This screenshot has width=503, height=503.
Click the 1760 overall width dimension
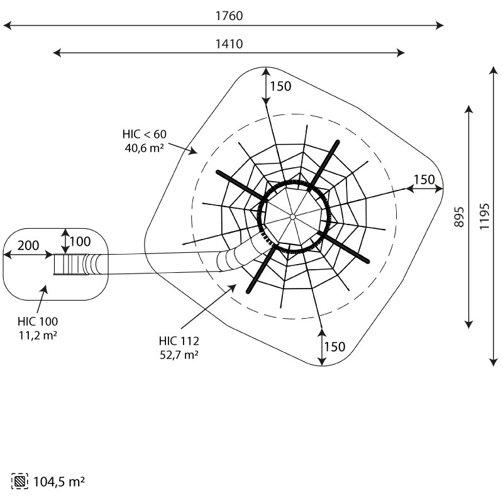229,16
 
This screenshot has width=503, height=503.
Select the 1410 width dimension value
229,44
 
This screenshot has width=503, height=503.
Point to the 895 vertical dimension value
459,216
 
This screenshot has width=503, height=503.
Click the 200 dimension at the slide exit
28,245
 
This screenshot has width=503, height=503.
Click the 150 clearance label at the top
280,86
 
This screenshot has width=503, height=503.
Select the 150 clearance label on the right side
424,179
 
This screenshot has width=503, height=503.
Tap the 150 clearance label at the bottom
335,346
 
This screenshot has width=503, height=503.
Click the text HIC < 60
145,134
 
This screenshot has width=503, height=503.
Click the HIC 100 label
38,321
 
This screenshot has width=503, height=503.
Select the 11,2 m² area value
38,335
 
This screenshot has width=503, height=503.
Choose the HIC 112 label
179,341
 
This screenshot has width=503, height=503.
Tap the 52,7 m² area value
179,355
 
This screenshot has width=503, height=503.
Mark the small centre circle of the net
292,217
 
